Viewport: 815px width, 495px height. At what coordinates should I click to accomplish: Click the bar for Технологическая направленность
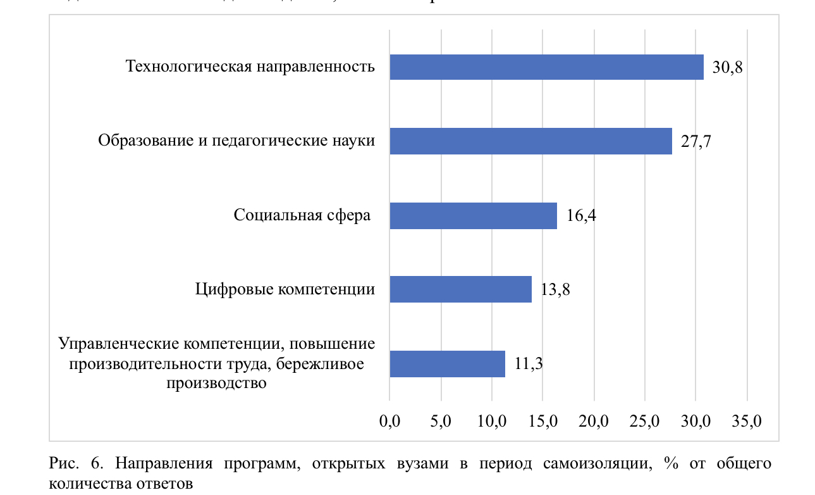(x=546, y=67)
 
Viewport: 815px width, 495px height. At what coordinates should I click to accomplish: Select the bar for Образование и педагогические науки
(x=530, y=141)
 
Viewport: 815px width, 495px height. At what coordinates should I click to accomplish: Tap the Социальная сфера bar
(x=473, y=216)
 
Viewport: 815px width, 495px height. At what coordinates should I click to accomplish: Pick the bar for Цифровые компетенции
(x=460, y=289)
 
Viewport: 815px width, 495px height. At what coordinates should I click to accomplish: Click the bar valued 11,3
(x=447, y=364)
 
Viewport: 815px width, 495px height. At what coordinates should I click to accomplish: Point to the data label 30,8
(x=727, y=68)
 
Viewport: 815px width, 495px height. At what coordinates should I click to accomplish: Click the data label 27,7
(x=696, y=142)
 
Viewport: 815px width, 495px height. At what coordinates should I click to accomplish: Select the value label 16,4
(x=581, y=216)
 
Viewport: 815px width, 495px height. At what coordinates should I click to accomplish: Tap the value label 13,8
(x=556, y=290)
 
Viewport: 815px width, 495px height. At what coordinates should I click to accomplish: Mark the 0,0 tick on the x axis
(x=389, y=420)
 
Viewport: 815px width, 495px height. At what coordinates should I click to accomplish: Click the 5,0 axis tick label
(x=440, y=420)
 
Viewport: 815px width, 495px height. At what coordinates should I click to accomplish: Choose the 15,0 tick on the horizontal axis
(x=542, y=420)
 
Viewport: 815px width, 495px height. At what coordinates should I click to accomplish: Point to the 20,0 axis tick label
(x=594, y=420)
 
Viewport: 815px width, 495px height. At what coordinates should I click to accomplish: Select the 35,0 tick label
(x=747, y=420)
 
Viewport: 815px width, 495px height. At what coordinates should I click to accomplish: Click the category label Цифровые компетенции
(x=285, y=290)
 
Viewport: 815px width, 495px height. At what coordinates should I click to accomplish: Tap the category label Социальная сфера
(x=302, y=216)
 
